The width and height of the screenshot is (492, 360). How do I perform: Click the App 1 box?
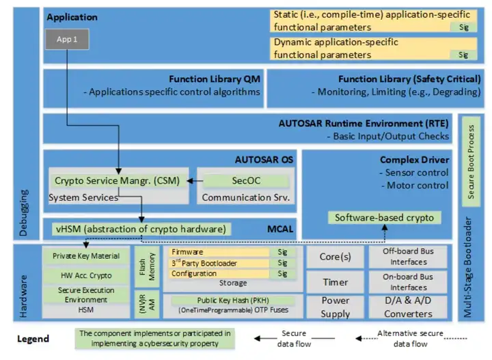(67, 39)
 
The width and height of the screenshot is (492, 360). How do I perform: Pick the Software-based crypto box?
(383, 218)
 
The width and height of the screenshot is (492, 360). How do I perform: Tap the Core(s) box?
(336, 258)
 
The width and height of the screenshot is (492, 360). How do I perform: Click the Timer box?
(336, 282)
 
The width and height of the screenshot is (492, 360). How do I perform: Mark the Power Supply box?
(336, 307)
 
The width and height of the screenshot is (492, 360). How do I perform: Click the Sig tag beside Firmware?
(282, 252)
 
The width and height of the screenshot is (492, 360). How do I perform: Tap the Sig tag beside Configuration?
(282, 274)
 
